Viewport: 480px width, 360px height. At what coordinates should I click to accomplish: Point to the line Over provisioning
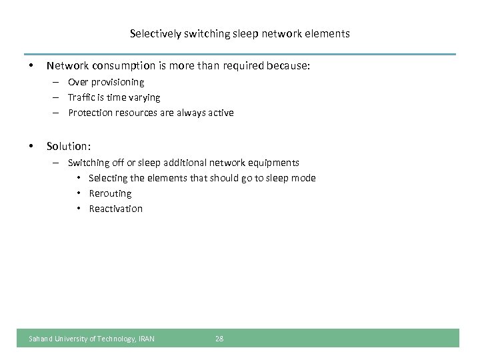click(105, 82)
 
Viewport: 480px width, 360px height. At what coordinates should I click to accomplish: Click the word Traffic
click(83, 97)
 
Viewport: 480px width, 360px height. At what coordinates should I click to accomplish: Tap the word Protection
click(91, 113)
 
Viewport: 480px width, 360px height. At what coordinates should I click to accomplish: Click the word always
click(187, 113)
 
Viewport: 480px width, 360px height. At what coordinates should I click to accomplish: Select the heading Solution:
click(68, 146)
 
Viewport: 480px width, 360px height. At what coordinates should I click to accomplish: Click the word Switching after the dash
click(89, 163)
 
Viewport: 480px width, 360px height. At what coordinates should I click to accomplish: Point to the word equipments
click(275, 163)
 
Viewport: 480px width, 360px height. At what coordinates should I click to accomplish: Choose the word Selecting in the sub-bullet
click(109, 178)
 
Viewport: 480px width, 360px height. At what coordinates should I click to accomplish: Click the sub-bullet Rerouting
click(111, 193)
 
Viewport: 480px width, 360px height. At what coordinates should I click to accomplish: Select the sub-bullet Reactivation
click(116, 209)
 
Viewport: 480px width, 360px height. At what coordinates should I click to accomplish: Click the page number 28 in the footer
click(219, 339)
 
